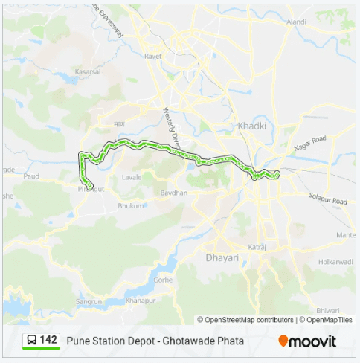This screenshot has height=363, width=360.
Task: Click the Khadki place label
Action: (251, 126)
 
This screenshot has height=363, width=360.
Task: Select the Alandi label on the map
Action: (296, 22)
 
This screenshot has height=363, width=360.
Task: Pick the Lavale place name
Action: (132, 178)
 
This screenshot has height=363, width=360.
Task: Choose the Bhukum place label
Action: (130, 206)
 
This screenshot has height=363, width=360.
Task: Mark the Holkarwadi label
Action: (335, 262)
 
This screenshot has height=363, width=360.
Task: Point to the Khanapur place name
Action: (141, 301)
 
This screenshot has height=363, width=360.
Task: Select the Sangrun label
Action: (90, 302)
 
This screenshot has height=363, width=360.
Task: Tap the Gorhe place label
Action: (164, 280)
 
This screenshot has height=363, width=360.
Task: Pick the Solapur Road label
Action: (328, 198)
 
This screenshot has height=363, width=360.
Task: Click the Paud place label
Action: (30, 177)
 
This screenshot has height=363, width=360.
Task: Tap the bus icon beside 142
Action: (32, 340)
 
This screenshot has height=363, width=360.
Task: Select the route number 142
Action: (48, 340)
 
